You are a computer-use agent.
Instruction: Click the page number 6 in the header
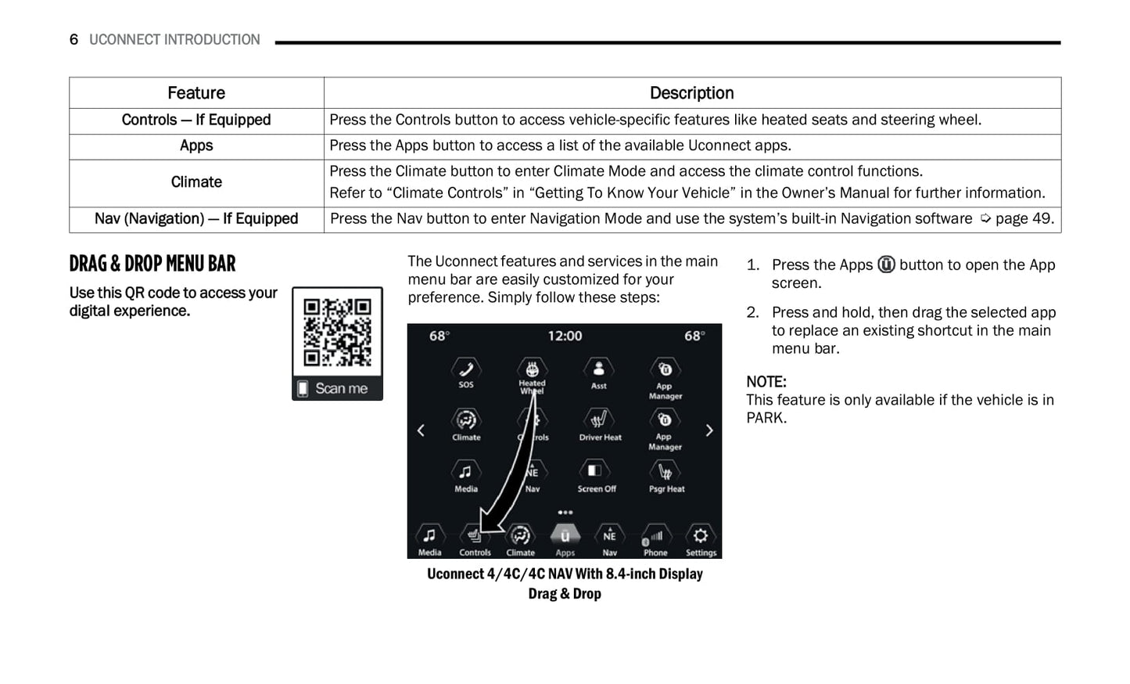[74, 40]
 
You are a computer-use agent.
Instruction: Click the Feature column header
[196, 93]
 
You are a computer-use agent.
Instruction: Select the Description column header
[691, 93]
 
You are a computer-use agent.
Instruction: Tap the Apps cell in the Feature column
[196, 146]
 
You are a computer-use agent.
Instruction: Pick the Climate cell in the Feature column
[196, 182]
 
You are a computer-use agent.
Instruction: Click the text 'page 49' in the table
[1023, 219]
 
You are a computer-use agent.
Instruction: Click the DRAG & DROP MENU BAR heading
[152, 264]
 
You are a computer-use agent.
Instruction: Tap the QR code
[337, 332]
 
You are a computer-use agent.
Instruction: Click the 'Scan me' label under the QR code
[340, 388]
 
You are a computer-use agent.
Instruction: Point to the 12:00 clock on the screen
[565, 336]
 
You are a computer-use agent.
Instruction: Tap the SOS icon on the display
[466, 369]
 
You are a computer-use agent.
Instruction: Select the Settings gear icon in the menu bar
[700, 537]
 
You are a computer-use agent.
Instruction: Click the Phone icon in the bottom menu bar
[655, 537]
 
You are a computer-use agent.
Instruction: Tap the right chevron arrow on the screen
[709, 430]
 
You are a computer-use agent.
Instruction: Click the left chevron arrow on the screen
[421, 430]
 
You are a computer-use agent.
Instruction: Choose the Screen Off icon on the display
[596, 471]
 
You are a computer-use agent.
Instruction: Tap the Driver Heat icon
[600, 420]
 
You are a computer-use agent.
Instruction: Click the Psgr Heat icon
[665, 472]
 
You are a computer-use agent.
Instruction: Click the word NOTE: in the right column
[766, 382]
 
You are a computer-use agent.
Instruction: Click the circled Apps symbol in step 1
[886, 265]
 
